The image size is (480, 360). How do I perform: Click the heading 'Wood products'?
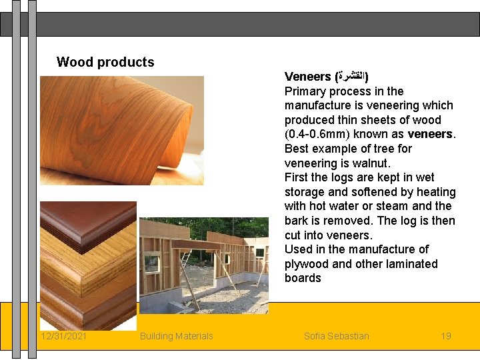click(x=105, y=62)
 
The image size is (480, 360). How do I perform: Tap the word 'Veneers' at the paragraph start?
click(x=307, y=77)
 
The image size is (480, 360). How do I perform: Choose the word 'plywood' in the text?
click(x=307, y=264)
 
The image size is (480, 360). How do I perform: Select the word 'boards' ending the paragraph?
click(x=303, y=278)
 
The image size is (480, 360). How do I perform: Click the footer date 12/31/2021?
click(x=63, y=336)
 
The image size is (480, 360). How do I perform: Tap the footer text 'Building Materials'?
click(x=176, y=336)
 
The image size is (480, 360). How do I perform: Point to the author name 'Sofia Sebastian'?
click(x=336, y=336)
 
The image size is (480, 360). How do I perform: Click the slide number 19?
click(x=446, y=336)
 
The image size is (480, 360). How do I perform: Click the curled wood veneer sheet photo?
click(x=121, y=130)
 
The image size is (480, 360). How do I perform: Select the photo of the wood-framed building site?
click(x=203, y=265)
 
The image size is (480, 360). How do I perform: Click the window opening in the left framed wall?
click(x=153, y=263)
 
